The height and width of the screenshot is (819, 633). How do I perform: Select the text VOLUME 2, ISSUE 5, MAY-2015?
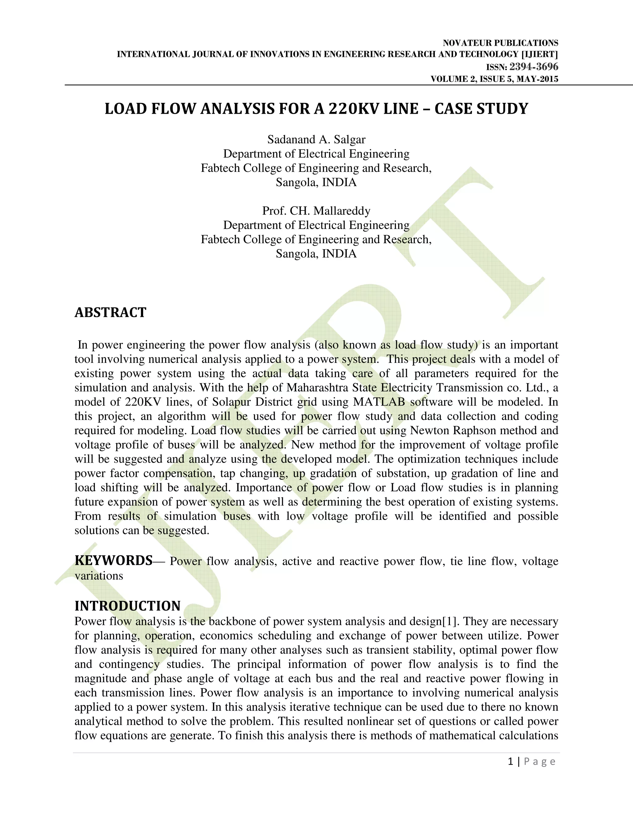[494, 79]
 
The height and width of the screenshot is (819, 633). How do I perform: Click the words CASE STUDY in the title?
[481, 109]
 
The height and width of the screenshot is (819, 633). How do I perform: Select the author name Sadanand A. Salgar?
[316, 139]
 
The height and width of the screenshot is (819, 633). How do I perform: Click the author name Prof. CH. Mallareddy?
[316, 211]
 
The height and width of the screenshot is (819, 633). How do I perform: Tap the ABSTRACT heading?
[110, 312]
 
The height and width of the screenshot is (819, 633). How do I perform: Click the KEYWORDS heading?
[113, 560]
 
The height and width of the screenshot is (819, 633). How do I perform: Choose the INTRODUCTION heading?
[128, 606]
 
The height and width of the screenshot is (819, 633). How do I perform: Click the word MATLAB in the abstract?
[379, 402]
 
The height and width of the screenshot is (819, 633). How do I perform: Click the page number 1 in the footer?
[510, 762]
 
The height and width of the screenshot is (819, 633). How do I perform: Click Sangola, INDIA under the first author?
[316, 182]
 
